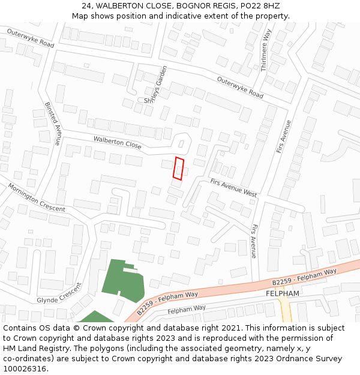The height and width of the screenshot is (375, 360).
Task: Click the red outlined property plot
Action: [178, 168]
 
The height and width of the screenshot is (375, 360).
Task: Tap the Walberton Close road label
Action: [117, 142]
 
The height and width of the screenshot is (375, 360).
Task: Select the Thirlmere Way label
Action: [265, 50]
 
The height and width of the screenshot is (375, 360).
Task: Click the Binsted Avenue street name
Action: [53, 123]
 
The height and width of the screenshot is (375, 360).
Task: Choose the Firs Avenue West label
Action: [233, 188]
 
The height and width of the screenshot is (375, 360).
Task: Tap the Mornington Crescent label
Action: [36, 197]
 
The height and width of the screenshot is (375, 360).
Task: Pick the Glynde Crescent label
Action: [59, 293]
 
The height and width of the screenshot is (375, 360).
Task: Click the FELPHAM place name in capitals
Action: [282, 293]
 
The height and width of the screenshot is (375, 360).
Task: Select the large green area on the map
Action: [123, 280]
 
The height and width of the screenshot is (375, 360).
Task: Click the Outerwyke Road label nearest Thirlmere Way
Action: [240, 88]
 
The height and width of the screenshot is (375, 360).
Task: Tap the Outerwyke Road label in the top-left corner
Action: [31, 38]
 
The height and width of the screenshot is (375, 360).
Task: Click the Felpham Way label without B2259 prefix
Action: [187, 310]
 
